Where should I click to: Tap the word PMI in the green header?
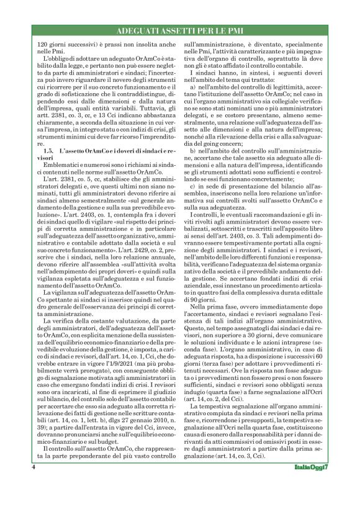[x=240, y=31]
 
